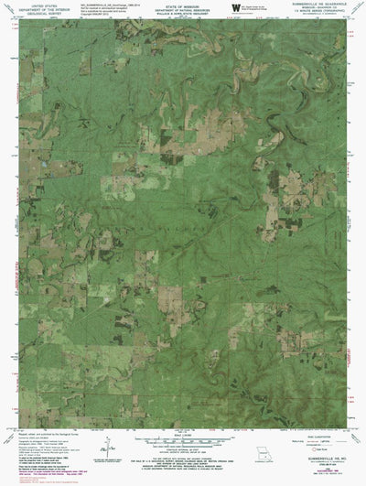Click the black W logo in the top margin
pos(237,9)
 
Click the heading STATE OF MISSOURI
pos(183,5)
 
